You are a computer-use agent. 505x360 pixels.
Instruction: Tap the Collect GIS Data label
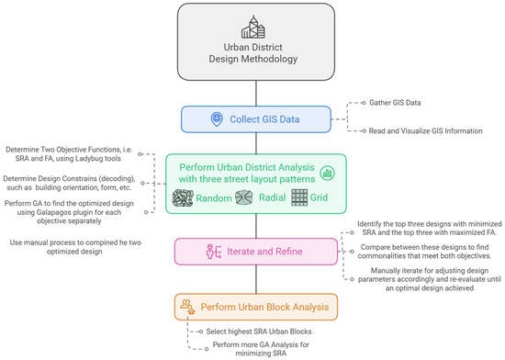(x=262, y=119)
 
